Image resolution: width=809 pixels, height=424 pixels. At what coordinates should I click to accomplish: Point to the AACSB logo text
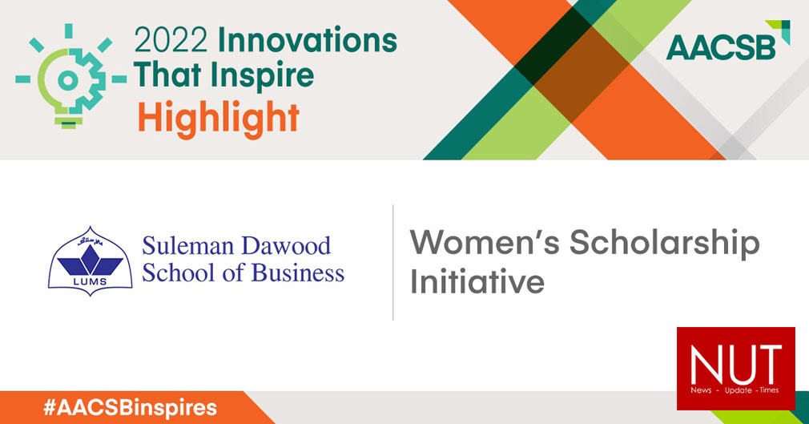coord(721,46)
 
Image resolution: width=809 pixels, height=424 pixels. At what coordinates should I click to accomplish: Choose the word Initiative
coord(477,283)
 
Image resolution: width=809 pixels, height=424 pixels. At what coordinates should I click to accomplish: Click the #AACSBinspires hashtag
coord(130,407)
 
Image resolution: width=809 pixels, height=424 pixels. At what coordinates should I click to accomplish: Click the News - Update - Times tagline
coord(735,390)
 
